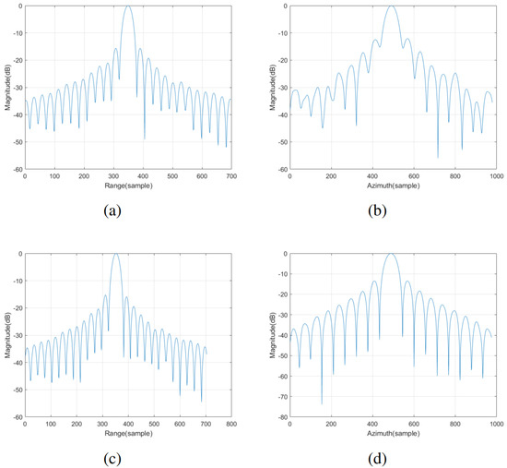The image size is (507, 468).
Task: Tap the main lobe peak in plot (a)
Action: [x=127, y=6]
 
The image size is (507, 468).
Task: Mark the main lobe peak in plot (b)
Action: [x=391, y=6]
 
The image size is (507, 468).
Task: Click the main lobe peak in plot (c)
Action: [x=116, y=254]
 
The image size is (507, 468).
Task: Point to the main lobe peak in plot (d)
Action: [x=391, y=254]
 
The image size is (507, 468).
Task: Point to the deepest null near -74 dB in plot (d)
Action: [x=322, y=403]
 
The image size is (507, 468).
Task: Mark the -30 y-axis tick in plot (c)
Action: [x=15, y=335]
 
